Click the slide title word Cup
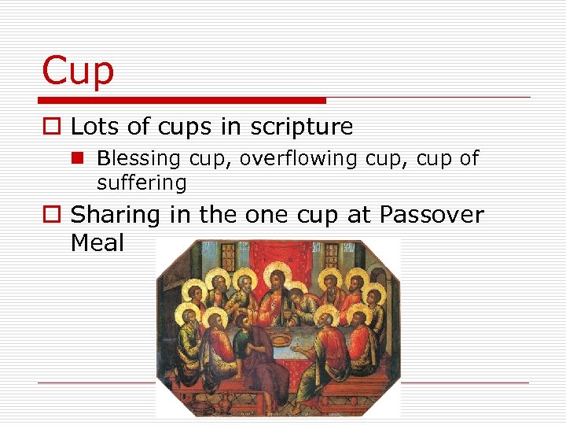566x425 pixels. coord(78,71)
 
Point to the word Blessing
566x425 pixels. coord(138,159)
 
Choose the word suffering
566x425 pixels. coord(141,183)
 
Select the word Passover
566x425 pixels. coord(432,215)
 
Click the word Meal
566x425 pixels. coord(97,243)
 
